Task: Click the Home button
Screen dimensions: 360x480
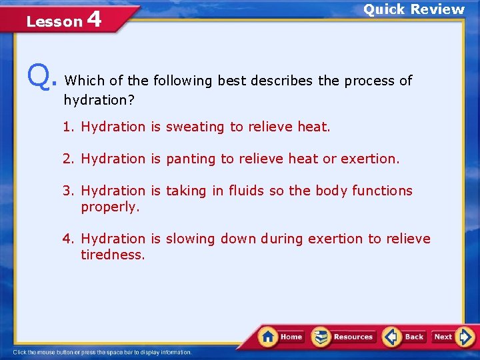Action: [281, 337]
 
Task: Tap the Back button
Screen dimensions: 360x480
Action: [405, 337]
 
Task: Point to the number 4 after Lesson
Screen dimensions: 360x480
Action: [94, 19]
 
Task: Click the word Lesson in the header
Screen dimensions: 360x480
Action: [53, 21]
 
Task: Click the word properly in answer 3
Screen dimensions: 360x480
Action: [109, 207]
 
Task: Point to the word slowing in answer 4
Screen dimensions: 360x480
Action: [191, 239]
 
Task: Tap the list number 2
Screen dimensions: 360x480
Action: [67, 159]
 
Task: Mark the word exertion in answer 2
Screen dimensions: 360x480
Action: [369, 159]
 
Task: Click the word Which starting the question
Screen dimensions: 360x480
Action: [84, 81]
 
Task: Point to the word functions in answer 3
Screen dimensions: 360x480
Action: [382, 191]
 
